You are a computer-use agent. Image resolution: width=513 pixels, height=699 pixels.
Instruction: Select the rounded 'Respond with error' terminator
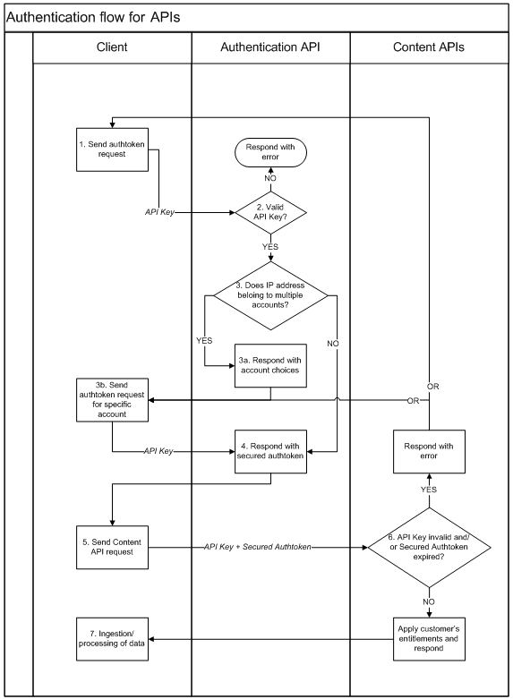[x=270, y=153]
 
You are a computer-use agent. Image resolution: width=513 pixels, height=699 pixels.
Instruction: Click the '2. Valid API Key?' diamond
[x=270, y=213]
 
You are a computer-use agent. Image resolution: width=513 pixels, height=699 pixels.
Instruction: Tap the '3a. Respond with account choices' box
[x=270, y=365]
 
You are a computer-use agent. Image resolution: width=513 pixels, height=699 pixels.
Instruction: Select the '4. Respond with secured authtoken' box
[x=270, y=449]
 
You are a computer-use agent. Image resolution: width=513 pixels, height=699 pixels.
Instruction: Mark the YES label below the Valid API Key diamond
[x=270, y=246]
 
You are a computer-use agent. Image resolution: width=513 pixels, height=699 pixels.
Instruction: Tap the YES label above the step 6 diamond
[x=429, y=490]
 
